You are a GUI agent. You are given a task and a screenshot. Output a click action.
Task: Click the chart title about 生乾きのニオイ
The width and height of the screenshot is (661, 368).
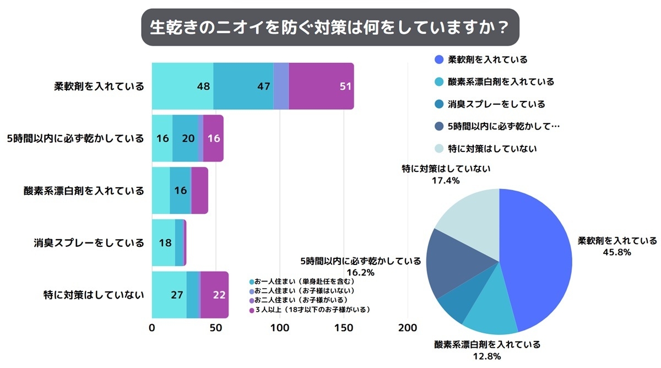pyautogui.click(x=330, y=27)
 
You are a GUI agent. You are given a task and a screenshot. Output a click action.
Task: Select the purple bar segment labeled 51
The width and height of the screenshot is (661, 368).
pyautogui.click(x=321, y=86)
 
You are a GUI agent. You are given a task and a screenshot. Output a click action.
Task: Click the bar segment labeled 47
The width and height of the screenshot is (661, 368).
pyautogui.click(x=243, y=86)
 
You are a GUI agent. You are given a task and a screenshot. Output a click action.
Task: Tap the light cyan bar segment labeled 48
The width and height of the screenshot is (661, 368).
pyautogui.click(x=182, y=86)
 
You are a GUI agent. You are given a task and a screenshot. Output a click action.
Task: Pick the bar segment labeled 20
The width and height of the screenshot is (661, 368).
pyautogui.click(x=186, y=138)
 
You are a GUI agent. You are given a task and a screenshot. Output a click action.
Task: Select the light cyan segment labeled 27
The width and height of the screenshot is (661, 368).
pyautogui.click(x=169, y=295)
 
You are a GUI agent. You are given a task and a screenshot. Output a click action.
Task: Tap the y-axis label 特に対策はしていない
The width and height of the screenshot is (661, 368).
pyautogui.click(x=94, y=295)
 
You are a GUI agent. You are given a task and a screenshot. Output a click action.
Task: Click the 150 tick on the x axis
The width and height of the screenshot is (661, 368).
pyautogui.click(x=344, y=328)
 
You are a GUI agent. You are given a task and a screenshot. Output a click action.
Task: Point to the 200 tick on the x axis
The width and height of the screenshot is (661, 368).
pyautogui.click(x=408, y=328)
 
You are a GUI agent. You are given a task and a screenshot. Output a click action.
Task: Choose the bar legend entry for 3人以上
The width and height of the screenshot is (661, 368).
pyautogui.click(x=311, y=310)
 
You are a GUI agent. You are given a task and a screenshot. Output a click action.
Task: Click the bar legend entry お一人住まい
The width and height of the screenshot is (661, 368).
pyautogui.click(x=304, y=281)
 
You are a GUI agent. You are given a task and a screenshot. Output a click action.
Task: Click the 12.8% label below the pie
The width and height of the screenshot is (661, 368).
pyautogui.click(x=486, y=356)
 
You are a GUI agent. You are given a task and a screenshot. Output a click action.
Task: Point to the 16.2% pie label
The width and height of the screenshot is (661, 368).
pyautogui.click(x=360, y=272)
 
